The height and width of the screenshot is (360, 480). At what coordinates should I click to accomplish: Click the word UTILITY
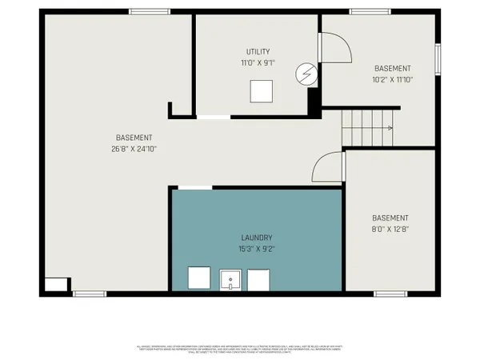click(258, 51)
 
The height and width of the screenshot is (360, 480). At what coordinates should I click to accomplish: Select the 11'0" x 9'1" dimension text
click(258, 62)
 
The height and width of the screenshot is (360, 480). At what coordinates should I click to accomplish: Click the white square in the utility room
click(261, 92)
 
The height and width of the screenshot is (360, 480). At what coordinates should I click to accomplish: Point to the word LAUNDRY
click(257, 238)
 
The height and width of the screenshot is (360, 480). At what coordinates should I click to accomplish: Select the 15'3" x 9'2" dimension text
click(257, 249)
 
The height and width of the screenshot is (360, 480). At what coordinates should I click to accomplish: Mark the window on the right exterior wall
click(438, 60)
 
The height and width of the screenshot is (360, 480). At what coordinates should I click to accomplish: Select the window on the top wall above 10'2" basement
click(364, 11)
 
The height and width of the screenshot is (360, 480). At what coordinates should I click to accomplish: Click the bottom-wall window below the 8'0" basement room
click(390, 294)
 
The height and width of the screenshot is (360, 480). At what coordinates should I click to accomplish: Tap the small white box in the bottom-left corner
click(56, 284)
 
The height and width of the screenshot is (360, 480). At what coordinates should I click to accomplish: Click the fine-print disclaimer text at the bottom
click(240, 348)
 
